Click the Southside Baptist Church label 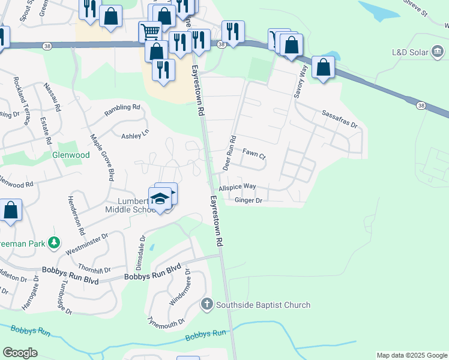click(264, 305)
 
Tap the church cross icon click(208, 304)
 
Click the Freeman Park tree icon click(55, 242)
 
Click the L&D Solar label click(410, 52)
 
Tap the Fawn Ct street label click(254, 154)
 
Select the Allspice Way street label click(237, 187)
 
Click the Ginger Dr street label click(249, 200)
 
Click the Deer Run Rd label click(229, 152)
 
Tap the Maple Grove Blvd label click(102, 158)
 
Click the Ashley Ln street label click(135, 136)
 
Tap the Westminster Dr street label click(88, 243)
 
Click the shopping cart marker click(149, 30)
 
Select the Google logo click(20, 353)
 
